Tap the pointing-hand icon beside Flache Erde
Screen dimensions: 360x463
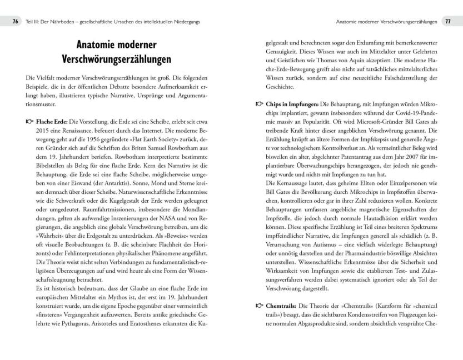point(30,122)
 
